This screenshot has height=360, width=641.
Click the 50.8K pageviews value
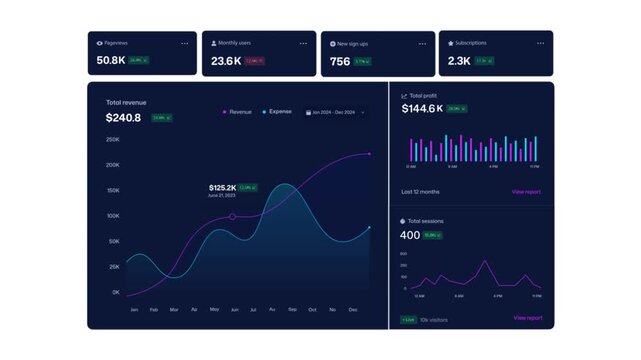(x=111, y=61)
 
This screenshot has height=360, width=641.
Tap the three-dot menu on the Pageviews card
(x=184, y=44)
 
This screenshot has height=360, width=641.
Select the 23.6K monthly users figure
(x=225, y=61)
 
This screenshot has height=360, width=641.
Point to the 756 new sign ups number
(x=340, y=61)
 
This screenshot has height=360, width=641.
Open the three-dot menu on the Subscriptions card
(x=540, y=44)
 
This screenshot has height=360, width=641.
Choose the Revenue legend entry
(x=238, y=112)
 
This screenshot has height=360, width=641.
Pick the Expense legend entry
(x=278, y=112)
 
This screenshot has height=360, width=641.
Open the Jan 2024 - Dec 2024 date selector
(x=335, y=112)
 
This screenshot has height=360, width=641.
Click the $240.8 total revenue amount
(x=123, y=118)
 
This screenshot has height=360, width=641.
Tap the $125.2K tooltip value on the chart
(x=222, y=188)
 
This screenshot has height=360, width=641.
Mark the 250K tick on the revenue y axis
(x=113, y=140)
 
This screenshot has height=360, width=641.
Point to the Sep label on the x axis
(x=292, y=310)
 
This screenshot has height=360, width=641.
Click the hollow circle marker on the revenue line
(x=233, y=217)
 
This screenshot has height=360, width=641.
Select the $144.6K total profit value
(x=421, y=108)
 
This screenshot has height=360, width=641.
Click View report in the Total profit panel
(x=526, y=191)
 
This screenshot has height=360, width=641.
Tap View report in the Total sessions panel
(x=527, y=318)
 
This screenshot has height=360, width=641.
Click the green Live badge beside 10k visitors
(x=408, y=320)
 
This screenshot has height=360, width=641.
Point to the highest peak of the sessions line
(x=486, y=262)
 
